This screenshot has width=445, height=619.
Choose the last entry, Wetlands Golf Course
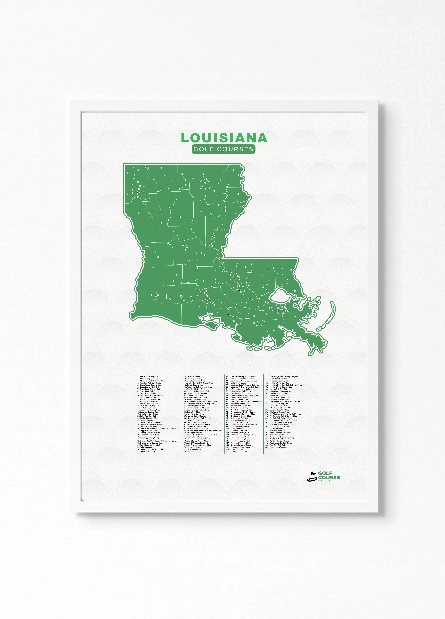pos(278,447)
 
